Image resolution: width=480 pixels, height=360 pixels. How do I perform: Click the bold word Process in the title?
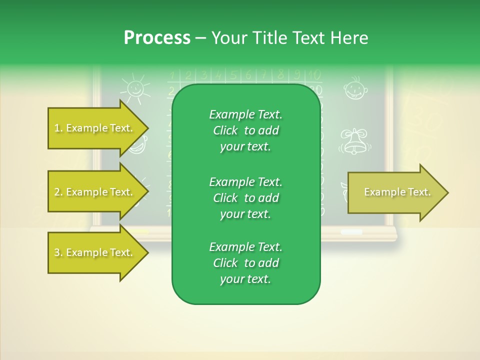tap(157, 38)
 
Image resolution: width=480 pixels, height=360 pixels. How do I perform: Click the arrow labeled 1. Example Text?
tap(95, 128)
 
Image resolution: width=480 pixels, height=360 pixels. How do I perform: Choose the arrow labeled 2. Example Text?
tap(95, 192)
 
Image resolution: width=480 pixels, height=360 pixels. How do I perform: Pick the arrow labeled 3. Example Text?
tap(95, 252)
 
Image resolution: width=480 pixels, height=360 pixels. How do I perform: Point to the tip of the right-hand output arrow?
tap(447, 192)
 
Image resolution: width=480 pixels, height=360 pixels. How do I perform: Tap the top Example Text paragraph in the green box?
tap(245, 130)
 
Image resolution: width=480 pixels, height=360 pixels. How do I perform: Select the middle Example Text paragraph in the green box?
tap(245, 198)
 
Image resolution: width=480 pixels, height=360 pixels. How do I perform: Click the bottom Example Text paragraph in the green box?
tap(245, 263)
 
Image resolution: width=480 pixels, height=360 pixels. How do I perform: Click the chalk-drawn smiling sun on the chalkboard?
tap(135, 88)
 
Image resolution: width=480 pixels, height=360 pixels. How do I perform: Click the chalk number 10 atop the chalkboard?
tap(313, 75)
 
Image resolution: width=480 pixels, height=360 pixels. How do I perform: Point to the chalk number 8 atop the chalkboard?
tap(281, 75)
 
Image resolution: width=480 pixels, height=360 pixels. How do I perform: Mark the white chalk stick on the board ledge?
tap(351, 232)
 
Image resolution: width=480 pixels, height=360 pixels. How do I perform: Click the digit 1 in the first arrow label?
tap(56, 128)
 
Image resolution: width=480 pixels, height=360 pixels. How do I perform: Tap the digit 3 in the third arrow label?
tap(56, 252)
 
